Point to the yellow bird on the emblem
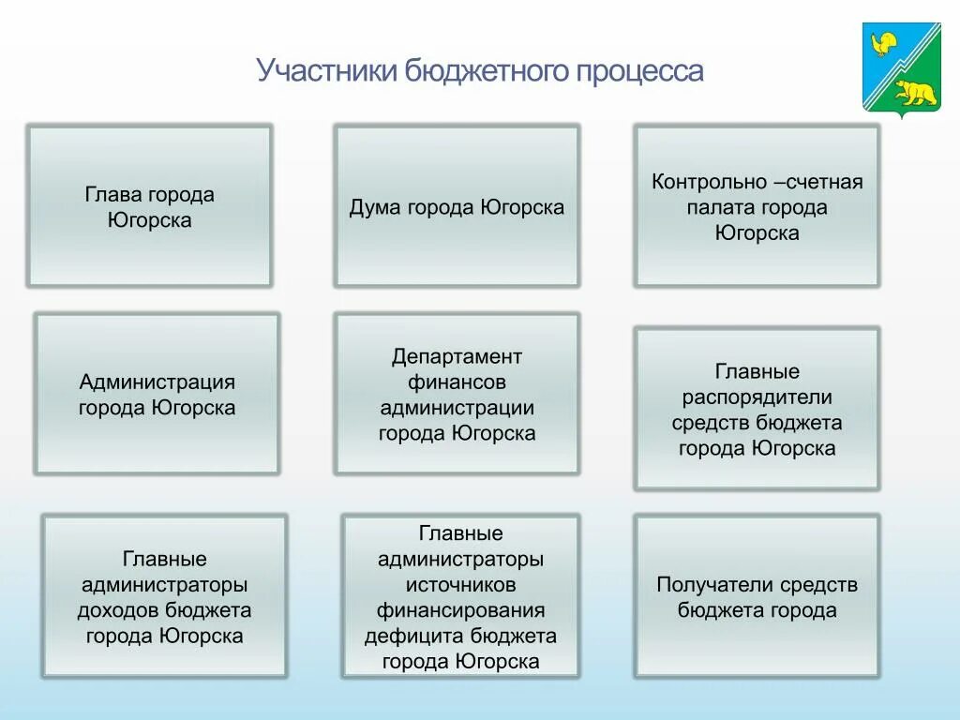882,44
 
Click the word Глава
113,195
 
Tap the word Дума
374,207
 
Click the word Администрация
157,382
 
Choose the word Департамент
457,357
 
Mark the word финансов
457,382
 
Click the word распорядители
757,397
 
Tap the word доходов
119,610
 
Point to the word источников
460,585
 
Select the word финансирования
460,610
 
